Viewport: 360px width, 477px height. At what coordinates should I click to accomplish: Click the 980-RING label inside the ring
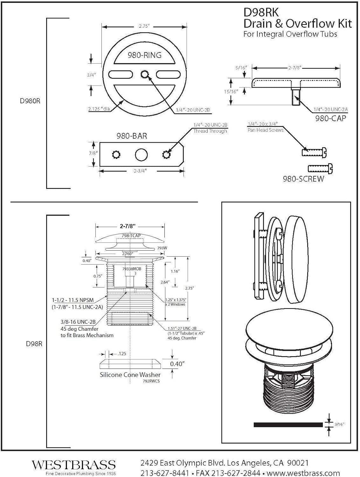[x=144, y=55]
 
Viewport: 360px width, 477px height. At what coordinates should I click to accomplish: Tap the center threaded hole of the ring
[x=145, y=75]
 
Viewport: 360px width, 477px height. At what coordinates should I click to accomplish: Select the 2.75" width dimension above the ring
[x=144, y=26]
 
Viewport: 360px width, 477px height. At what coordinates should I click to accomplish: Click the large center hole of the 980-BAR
[x=141, y=155]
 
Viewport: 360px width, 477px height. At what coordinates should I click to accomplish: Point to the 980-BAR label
[x=132, y=136]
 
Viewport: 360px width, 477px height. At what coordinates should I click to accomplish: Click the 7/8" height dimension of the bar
[x=93, y=153]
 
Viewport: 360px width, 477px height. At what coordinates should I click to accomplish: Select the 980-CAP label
[x=330, y=118]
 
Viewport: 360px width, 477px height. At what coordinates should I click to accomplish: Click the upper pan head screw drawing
[x=314, y=152]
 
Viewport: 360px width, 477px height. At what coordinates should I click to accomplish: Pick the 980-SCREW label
[x=303, y=179]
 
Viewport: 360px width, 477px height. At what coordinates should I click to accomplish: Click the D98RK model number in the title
[x=261, y=12]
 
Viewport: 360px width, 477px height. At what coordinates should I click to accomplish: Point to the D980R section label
[x=30, y=101]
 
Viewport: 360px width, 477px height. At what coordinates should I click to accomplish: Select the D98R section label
[x=34, y=344]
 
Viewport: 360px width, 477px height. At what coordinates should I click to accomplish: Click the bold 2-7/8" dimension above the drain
[x=128, y=226]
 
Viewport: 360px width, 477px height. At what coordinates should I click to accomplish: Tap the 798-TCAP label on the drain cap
[x=131, y=236]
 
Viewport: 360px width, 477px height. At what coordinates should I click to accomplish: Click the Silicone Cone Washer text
[x=130, y=375]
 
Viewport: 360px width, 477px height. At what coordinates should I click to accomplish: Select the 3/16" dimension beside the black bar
[x=339, y=424]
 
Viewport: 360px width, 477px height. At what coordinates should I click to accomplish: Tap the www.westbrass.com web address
[x=303, y=473]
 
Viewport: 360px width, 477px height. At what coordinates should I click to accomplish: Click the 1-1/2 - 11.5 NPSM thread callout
[x=73, y=300]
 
